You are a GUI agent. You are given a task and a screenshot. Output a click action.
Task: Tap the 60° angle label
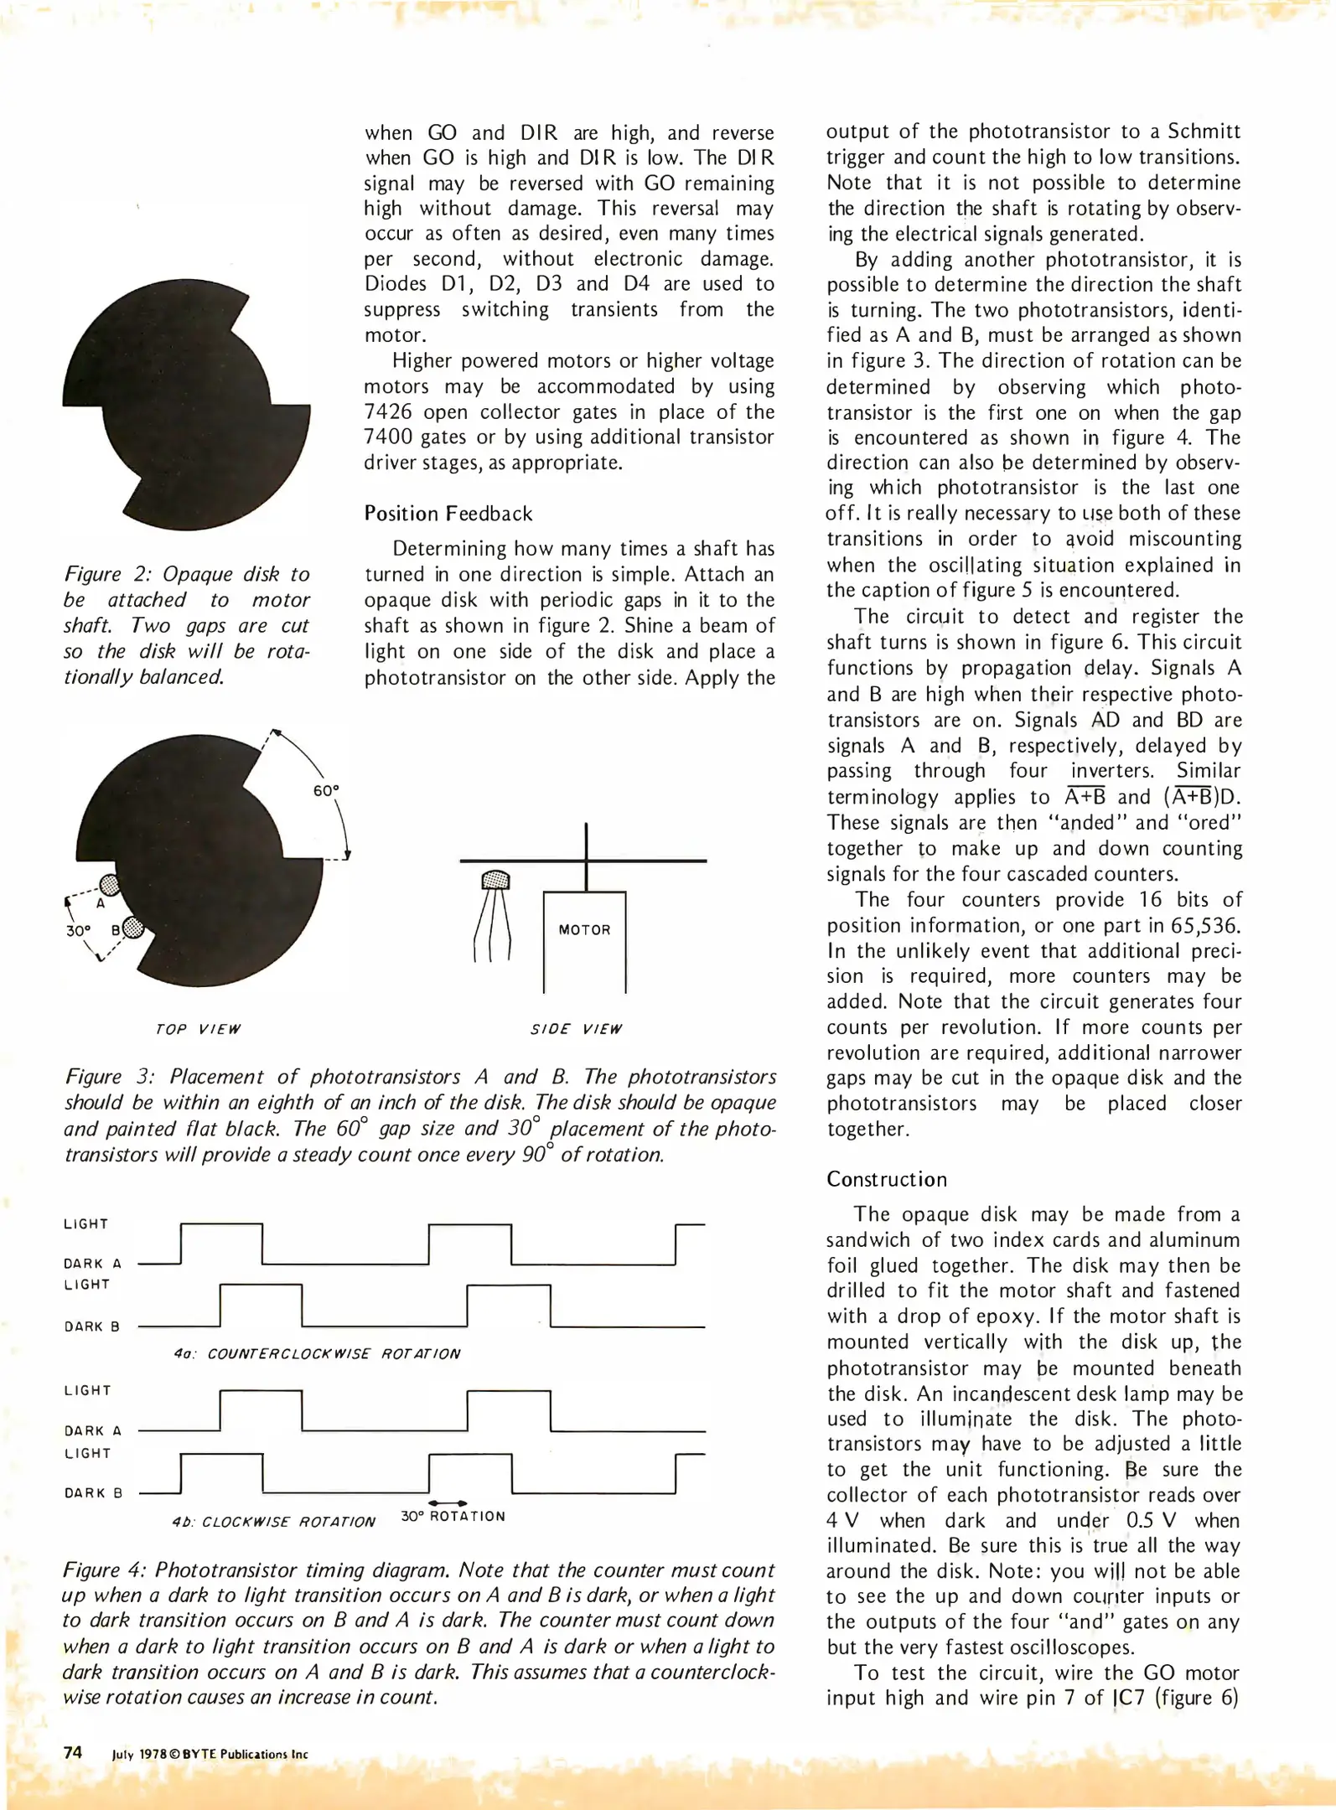(x=326, y=790)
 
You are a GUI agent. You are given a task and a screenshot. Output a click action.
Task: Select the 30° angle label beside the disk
(x=78, y=931)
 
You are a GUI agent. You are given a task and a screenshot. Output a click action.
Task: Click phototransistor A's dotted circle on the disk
(x=110, y=884)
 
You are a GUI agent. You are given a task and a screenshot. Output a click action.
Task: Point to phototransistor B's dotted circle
(x=132, y=928)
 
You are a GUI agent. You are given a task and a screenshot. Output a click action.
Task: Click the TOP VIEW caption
(x=198, y=1029)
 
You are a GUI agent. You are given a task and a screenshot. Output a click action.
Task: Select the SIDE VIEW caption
(x=576, y=1029)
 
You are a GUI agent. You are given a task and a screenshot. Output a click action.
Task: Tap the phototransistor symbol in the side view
(x=495, y=881)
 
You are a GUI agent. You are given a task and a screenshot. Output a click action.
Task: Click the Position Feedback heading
(x=448, y=514)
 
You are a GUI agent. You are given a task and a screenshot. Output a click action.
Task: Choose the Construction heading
(x=887, y=1179)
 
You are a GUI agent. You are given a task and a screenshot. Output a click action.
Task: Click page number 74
(x=73, y=1752)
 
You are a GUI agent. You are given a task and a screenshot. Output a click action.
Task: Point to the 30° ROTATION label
(x=453, y=1516)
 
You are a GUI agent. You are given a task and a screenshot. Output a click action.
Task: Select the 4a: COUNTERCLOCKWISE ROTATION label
(x=317, y=1353)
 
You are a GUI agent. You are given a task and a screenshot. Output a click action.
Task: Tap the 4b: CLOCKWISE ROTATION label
(x=273, y=1521)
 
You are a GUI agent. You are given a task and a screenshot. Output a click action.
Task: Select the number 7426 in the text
(x=390, y=412)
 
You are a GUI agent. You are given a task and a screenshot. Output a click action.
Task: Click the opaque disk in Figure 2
(x=184, y=402)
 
